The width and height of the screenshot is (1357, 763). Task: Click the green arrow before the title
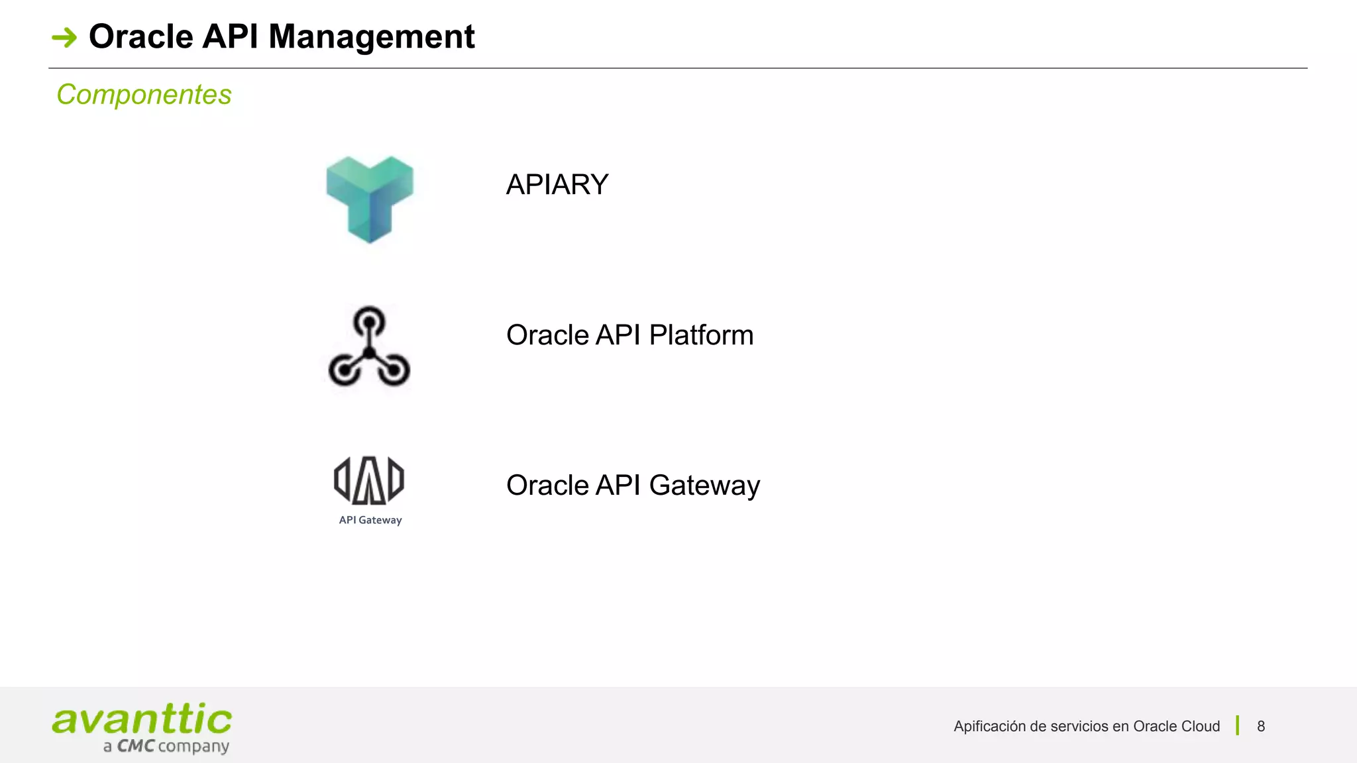[64, 37]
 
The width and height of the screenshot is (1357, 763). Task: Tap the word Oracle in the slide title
[140, 36]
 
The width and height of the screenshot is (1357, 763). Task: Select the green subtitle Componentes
[144, 95]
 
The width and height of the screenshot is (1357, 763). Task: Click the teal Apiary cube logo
[370, 199]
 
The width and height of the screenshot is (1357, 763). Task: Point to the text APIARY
[557, 185]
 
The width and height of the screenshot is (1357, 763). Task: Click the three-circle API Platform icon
[369, 347]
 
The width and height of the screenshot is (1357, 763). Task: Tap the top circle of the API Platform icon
[369, 322]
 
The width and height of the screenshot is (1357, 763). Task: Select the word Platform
[701, 335]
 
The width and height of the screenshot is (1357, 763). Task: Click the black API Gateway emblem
[369, 480]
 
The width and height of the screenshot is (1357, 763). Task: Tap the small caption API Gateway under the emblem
[370, 521]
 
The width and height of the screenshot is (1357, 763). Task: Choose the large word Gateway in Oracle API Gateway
[704, 485]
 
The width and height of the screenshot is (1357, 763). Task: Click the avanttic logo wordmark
[142, 719]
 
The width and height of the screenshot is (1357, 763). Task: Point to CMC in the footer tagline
[136, 746]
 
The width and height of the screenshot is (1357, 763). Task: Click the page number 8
[1261, 727]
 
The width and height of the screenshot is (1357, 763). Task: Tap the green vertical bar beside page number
[1237, 726]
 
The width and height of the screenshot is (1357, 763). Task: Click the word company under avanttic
[193, 747]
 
